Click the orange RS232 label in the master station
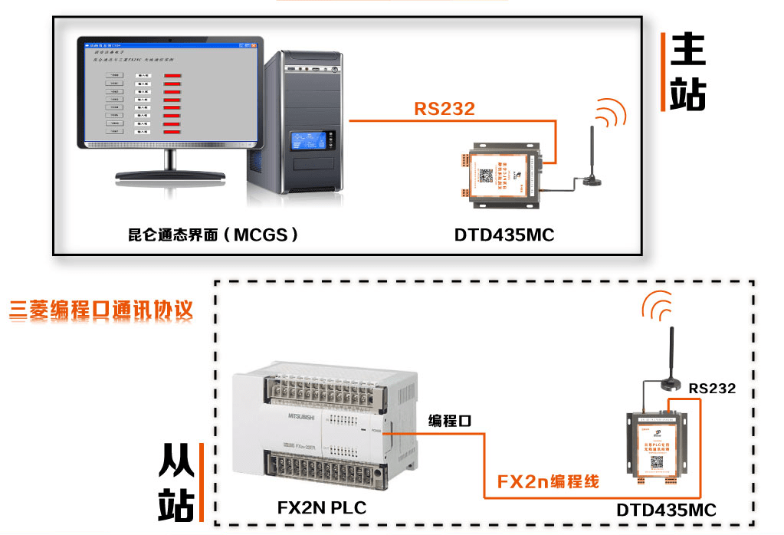(444, 109)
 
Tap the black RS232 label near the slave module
(711, 389)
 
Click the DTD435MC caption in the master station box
(504, 235)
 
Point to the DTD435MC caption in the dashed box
(666, 510)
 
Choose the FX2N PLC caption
(321, 507)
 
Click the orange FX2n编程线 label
(548, 482)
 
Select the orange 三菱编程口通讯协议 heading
(101, 310)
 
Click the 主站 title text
(687, 72)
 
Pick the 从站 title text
(177, 483)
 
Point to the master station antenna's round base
(591, 181)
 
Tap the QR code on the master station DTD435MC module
(486, 175)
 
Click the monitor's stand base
(172, 175)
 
